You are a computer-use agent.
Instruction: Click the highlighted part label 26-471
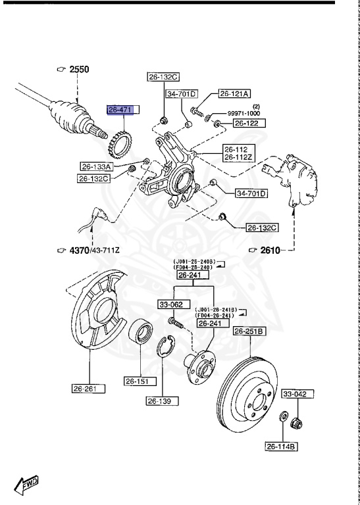pyautogui.click(x=121, y=110)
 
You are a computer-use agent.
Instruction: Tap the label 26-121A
pyautogui.click(x=238, y=93)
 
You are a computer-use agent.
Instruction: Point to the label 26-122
pyautogui.click(x=246, y=123)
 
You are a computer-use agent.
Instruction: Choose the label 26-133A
pyautogui.click(x=97, y=167)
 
